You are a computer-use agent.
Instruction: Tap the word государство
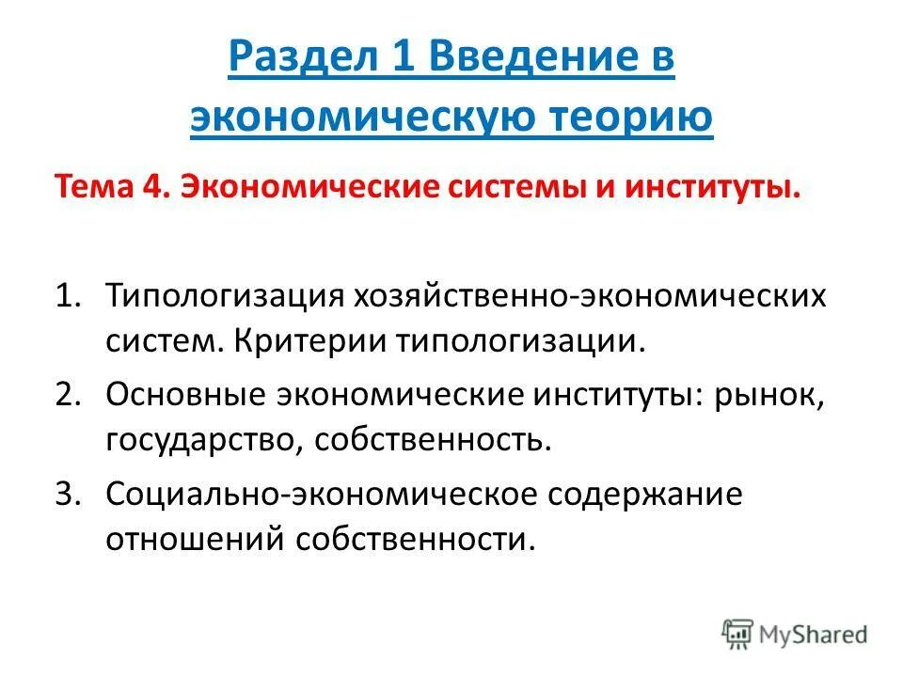coord(197,439)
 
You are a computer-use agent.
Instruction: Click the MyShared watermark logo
coord(795,633)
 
